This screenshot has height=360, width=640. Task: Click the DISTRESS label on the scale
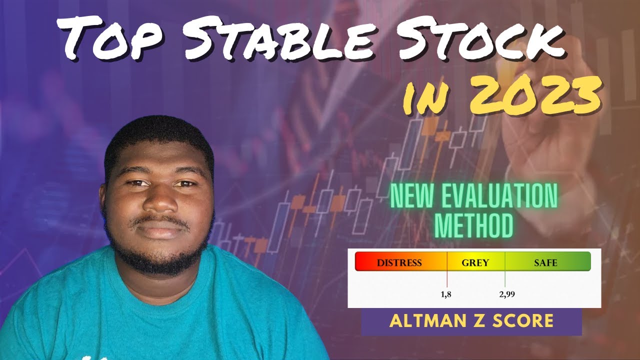399,262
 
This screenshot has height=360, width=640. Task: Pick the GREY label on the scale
475,262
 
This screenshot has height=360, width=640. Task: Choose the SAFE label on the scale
545,262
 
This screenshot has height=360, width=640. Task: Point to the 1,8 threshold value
446,294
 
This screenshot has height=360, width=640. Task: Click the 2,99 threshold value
506,294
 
